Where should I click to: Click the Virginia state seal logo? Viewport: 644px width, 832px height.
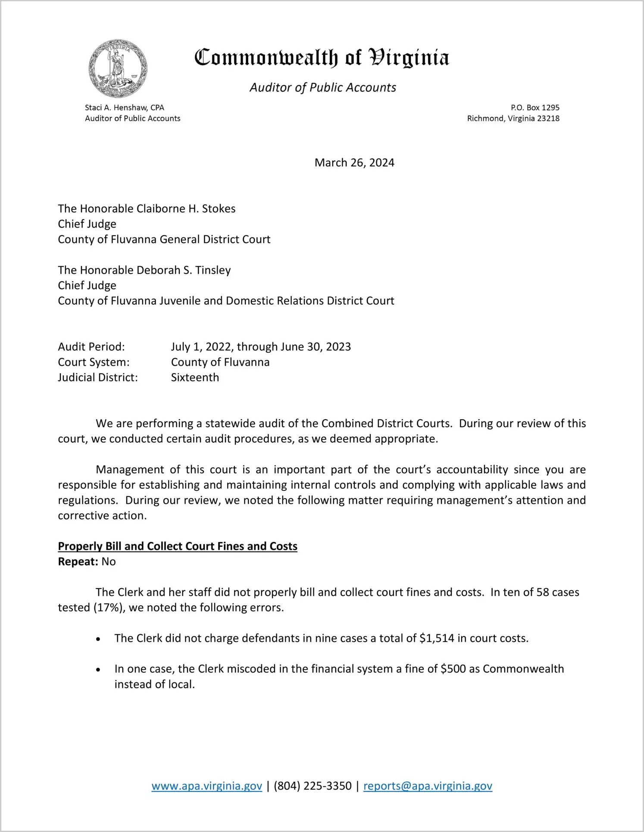(x=118, y=69)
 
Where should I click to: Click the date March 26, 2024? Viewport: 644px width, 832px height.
(x=354, y=163)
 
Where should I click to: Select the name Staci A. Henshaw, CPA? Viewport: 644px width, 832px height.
(x=125, y=108)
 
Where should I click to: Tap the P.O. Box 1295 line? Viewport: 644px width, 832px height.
(x=535, y=108)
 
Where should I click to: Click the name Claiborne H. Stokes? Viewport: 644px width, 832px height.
(x=180, y=209)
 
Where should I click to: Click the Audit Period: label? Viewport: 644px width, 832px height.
(x=91, y=347)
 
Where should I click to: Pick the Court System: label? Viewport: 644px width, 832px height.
(x=94, y=362)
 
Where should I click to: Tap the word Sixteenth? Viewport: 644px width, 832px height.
(x=195, y=378)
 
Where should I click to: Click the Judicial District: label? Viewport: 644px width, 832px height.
(x=98, y=378)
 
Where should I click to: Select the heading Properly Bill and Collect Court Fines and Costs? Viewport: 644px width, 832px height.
(x=178, y=546)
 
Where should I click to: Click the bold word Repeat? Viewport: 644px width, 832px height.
(x=78, y=562)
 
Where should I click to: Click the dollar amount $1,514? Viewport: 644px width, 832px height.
(x=437, y=639)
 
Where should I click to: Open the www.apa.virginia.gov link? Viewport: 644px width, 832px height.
(x=206, y=786)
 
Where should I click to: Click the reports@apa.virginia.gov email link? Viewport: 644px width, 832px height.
(x=428, y=786)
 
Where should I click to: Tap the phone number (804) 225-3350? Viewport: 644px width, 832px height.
(x=313, y=786)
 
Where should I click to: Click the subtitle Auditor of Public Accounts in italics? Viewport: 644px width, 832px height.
(x=323, y=87)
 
